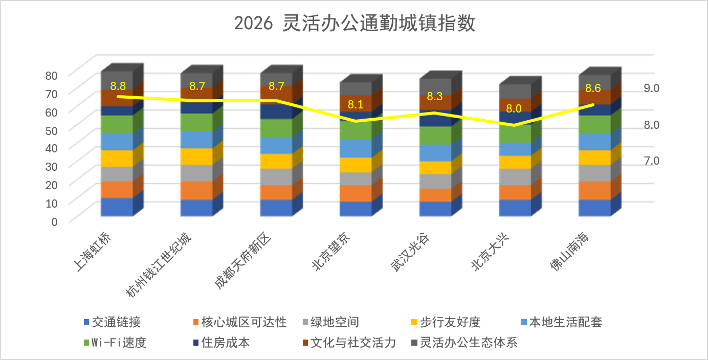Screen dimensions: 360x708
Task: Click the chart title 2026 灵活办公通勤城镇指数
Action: pyautogui.click(x=355, y=24)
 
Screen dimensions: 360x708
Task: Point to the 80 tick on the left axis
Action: pyautogui.click(x=52, y=75)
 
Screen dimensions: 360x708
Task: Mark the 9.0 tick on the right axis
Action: pyautogui.click(x=651, y=88)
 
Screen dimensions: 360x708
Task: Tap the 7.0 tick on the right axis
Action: pyautogui.click(x=651, y=161)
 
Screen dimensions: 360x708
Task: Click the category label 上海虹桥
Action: pyautogui.click(x=93, y=253)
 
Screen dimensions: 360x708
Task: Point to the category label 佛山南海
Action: pyautogui.click(x=572, y=253)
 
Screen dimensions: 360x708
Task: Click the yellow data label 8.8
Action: pyautogui.click(x=118, y=85)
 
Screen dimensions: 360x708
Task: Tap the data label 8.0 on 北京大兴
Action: pyautogui.click(x=514, y=108)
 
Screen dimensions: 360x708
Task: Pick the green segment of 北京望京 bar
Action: pyautogui.click(x=355, y=130)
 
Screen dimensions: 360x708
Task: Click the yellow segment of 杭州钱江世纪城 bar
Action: pyautogui.click(x=196, y=156)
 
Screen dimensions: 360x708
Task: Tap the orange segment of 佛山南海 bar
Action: pyautogui.click(x=595, y=190)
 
